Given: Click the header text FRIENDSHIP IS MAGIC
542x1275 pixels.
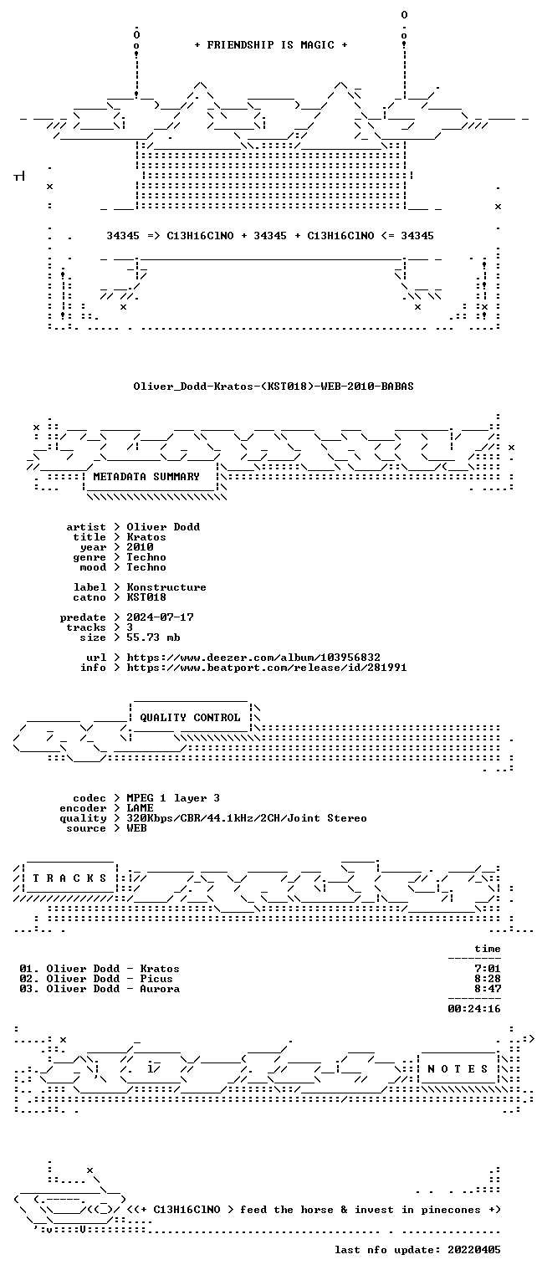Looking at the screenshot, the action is (x=270, y=45).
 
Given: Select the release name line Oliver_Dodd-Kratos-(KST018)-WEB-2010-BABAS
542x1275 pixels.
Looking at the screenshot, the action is (x=274, y=387).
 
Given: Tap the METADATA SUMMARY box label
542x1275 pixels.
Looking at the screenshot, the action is (x=146, y=476).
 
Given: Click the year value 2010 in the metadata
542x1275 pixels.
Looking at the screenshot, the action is (x=140, y=547).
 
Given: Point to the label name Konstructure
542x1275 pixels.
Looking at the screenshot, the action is (x=166, y=587).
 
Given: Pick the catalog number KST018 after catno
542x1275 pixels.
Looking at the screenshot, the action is (x=146, y=597).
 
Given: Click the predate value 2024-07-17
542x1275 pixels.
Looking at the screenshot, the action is (x=160, y=617).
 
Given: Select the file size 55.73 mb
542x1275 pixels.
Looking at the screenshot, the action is (x=153, y=637).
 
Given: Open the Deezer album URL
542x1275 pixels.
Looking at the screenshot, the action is (x=253, y=658).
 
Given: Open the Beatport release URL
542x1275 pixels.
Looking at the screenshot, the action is (x=267, y=668).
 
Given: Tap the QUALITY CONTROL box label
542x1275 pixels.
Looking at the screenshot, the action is (x=190, y=718).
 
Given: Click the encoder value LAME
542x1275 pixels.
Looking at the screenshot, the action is (x=140, y=808).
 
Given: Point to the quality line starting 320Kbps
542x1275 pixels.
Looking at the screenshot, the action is (x=247, y=818).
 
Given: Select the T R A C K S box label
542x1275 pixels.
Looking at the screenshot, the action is (x=69, y=878).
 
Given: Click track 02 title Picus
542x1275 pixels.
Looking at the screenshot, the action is (x=156, y=979).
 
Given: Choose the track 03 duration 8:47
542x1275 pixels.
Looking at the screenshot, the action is (x=488, y=989).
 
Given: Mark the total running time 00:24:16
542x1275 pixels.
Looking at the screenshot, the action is (x=474, y=1009).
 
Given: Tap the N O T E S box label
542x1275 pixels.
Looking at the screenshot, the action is (x=458, y=1069).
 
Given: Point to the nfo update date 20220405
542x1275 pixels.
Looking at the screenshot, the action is (x=474, y=1250).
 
